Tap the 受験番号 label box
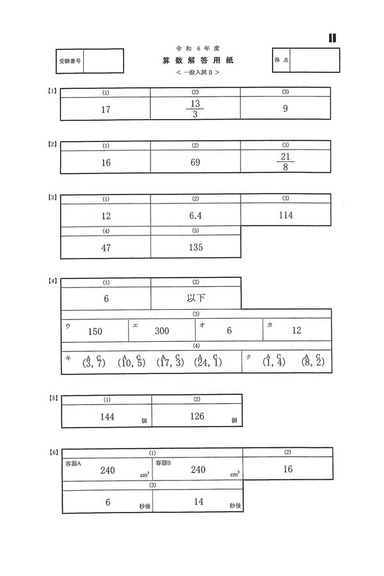[x=67, y=62]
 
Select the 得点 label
[x=282, y=60]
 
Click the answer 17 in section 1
[x=106, y=109]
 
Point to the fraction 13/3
[x=196, y=109]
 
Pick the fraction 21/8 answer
[x=286, y=162]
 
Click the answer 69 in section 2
[x=196, y=163]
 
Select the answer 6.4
[x=196, y=216]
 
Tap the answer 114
[x=286, y=216]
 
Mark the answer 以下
[x=196, y=298]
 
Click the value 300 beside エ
[x=162, y=331]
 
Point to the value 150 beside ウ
[x=95, y=332]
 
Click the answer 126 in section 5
[x=196, y=417]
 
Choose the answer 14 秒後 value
[x=198, y=502]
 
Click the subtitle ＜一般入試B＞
[x=196, y=73]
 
